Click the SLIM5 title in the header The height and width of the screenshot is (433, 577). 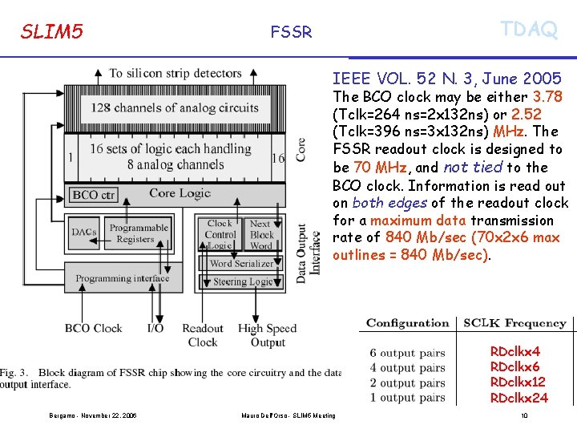coord(52,32)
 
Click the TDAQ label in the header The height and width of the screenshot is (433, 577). coord(528,30)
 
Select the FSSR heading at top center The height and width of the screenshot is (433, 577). coord(291,32)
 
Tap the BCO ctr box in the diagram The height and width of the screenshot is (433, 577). coord(95,194)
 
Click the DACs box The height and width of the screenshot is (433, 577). coord(84,233)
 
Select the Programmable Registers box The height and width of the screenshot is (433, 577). coord(139,233)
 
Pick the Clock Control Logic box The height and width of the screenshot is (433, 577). coord(220,235)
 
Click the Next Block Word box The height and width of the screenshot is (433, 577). coord(261,235)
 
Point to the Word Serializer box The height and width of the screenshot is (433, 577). coord(241,263)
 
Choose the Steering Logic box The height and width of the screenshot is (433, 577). coord(242,282)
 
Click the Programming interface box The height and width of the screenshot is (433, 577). coord(122,279)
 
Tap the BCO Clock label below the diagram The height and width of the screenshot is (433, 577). coord(93,328)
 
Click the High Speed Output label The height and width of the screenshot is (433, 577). coord(267,335)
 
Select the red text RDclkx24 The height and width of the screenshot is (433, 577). coord(518,398)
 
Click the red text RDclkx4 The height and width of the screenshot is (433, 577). coord(515,351)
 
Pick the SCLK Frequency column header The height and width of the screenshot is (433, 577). coord(514,323)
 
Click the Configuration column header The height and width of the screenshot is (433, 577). coord(407,323)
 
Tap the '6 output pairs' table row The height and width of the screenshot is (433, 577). coord(407,353)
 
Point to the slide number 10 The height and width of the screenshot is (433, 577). coord(523,415)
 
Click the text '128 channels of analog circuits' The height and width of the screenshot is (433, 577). coord(175,107)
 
